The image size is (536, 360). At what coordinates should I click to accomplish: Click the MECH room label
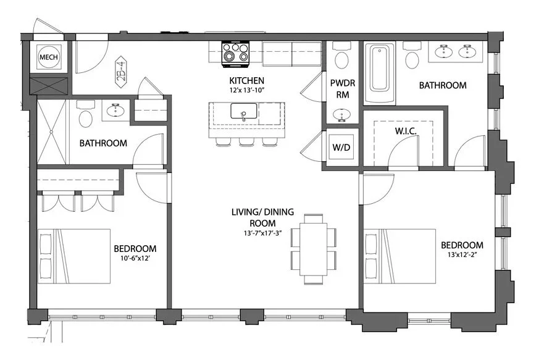[x=49, y=57]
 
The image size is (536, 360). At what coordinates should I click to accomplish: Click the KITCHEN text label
[x=247, y=81]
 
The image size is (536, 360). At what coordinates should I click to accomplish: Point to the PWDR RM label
[x=341, y=89]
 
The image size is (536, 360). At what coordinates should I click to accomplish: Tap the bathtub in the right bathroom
[x=379, y=72]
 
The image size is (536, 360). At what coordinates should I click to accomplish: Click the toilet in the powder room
[x=340, y=59]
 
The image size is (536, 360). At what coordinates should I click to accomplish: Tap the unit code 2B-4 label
[x=121, y=71]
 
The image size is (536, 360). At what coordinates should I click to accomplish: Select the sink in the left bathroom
[x=114, y=111]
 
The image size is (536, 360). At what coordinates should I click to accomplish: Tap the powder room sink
[x=340, y=115]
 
